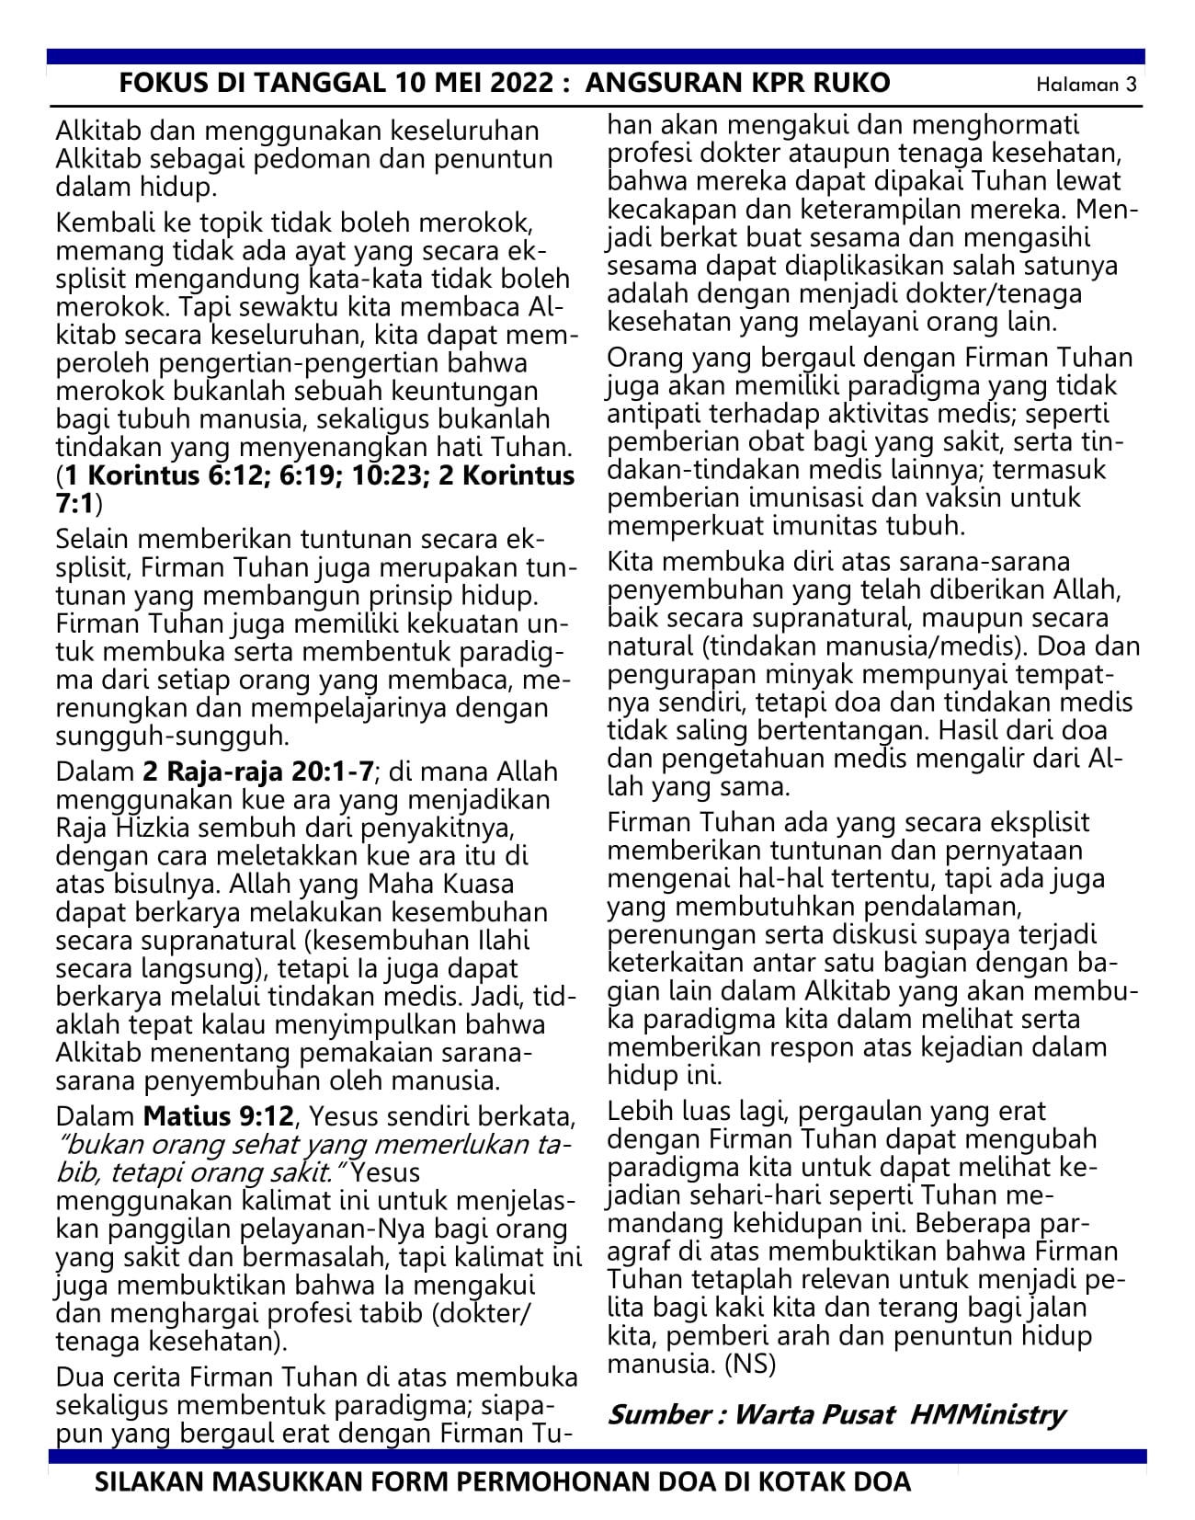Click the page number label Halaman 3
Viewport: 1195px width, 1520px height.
[1087, 85]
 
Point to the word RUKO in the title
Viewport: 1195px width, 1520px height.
[851, 84]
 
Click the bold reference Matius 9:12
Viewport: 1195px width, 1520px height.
[219, 1116]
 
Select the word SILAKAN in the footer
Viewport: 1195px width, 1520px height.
[152, 1482]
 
